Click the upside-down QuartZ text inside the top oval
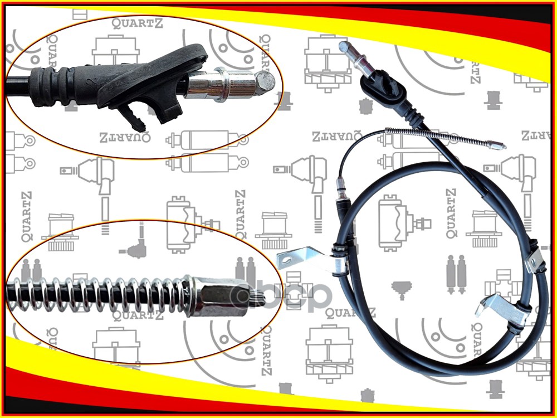125,136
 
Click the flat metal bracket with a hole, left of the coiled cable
292,258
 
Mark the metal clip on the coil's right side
534,259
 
